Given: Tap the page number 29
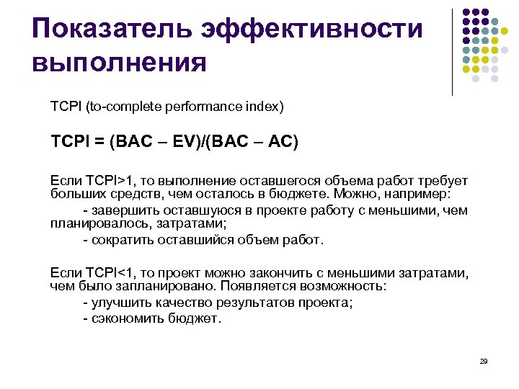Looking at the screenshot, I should [484, 361].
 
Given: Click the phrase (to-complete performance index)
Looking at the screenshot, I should [185, 107].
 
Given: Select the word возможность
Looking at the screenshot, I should [345, 286].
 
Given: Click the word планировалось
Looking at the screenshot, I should [97, 224].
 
